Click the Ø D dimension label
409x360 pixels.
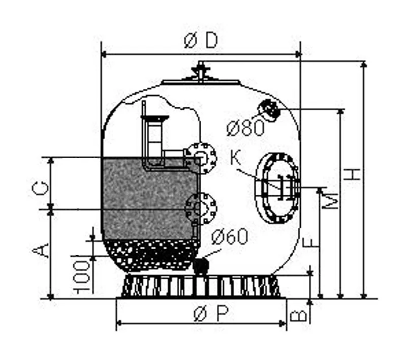click(200, 41)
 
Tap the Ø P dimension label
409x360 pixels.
click(211, 314)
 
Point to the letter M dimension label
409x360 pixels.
click(330, 200)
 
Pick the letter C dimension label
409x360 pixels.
click(40, 189)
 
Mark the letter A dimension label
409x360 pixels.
click(40, 250)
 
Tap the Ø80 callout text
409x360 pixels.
click(245, 128)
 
